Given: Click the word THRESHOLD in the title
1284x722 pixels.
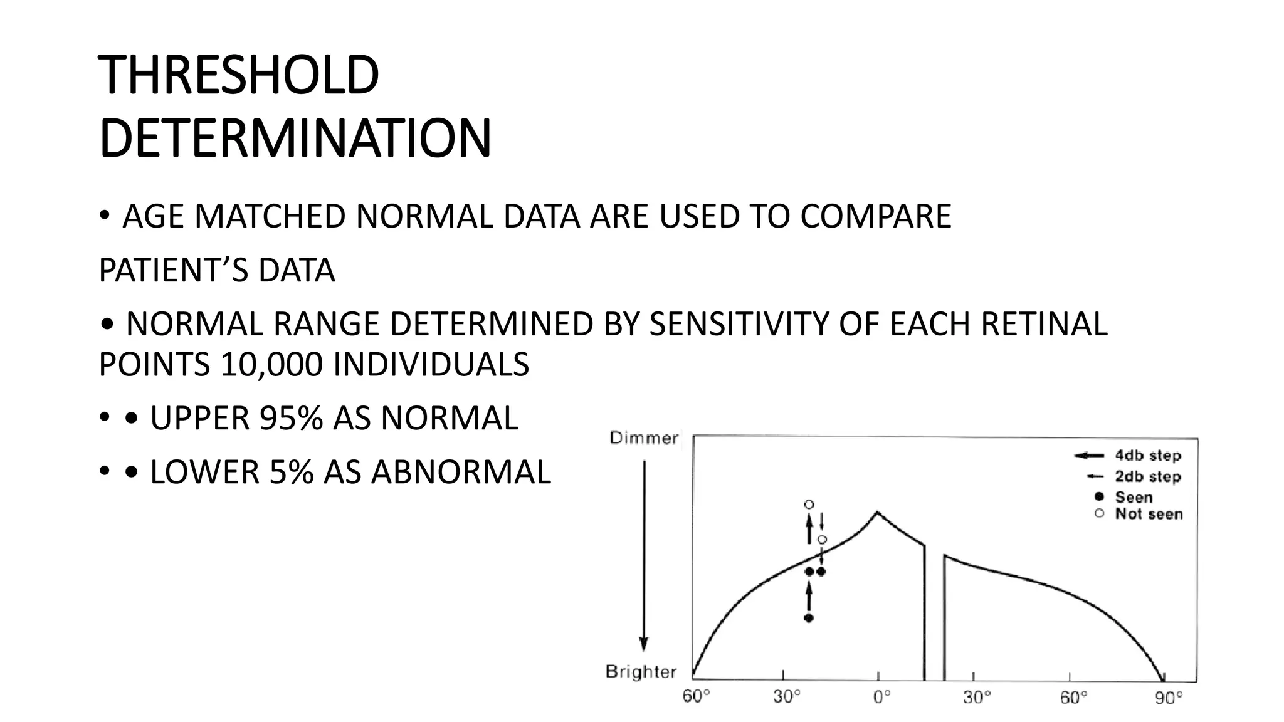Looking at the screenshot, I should point(239,75).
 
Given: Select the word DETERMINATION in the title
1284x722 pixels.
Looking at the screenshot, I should point(295,139).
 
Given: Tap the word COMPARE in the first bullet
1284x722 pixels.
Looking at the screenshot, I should point(875,216).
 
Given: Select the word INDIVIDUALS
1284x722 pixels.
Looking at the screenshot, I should point(431,365).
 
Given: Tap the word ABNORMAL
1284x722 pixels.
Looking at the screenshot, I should point(461,473).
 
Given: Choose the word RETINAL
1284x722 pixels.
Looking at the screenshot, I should point(1044,325).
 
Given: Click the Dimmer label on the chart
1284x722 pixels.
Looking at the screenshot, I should point(644,438).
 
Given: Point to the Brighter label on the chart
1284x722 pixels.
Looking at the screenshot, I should point(641,672).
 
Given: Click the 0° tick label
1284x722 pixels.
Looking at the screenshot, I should point(881,698).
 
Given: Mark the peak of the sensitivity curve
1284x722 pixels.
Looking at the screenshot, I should point(877,512).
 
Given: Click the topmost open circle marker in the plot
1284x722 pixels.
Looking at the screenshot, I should point(809,505).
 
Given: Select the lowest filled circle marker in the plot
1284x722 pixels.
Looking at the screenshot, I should point(809,618).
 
